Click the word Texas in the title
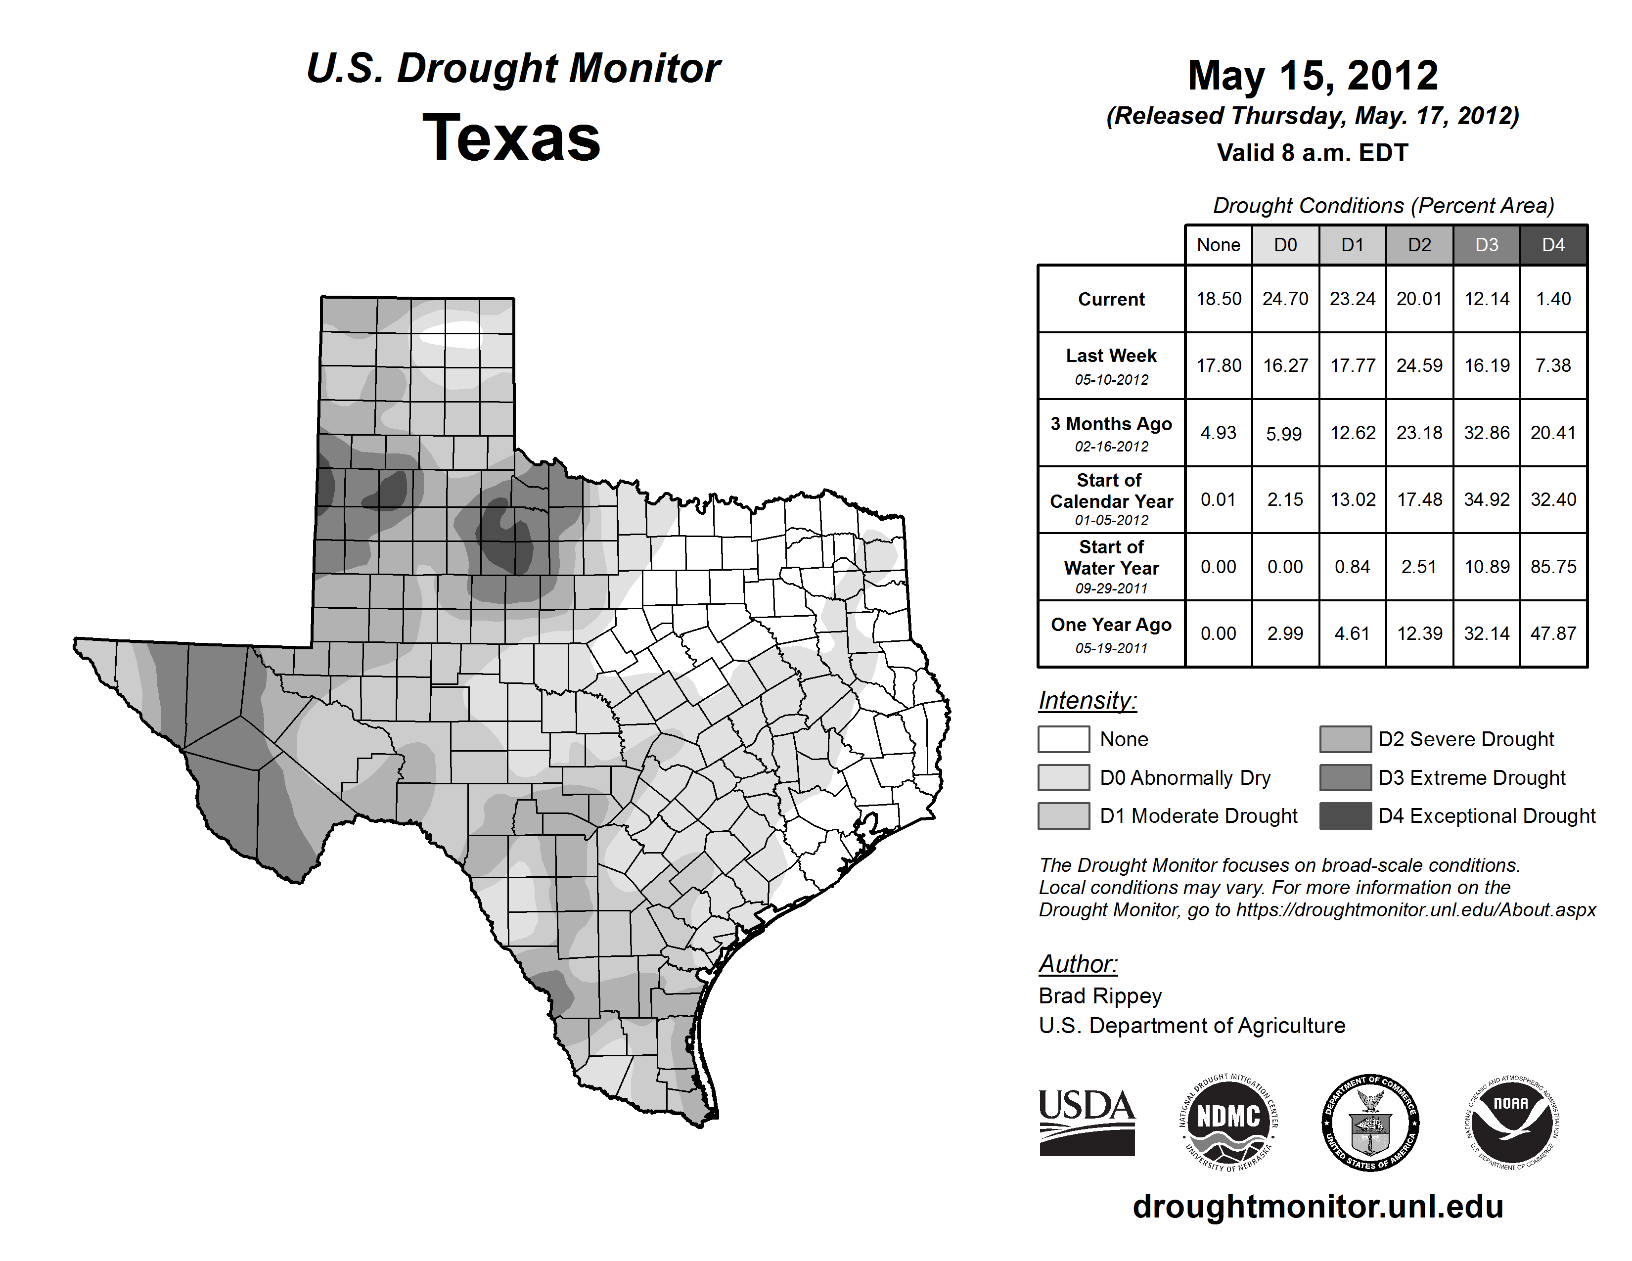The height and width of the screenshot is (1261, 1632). click(x=511, y=137)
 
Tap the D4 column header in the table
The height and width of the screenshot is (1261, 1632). click(x=1553, y=245)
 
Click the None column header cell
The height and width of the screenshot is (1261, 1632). click(x=1218, y=245)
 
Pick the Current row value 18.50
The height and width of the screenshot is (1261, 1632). click(x=1218, y=299)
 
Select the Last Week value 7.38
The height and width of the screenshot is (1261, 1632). click(x=1553, y=365)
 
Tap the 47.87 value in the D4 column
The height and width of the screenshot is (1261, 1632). click(x=1553, y=633)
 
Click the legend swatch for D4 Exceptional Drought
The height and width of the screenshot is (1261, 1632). click(x=1345, y=816)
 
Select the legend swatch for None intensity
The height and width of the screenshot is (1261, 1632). click(x=1063, y=739)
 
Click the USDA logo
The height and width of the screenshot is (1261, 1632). click(x=1087, y=1122)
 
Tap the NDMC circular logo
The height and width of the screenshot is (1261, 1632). click(x=1228, y=1122)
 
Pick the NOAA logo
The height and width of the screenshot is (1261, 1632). click(x=1511, y=1122)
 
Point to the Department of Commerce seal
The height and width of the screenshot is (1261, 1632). click(x=1370, y=1122)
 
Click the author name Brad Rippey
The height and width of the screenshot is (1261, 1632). click(x=1100, y=996)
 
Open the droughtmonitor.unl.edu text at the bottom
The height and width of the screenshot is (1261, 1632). click(x=1317, y=1207)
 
